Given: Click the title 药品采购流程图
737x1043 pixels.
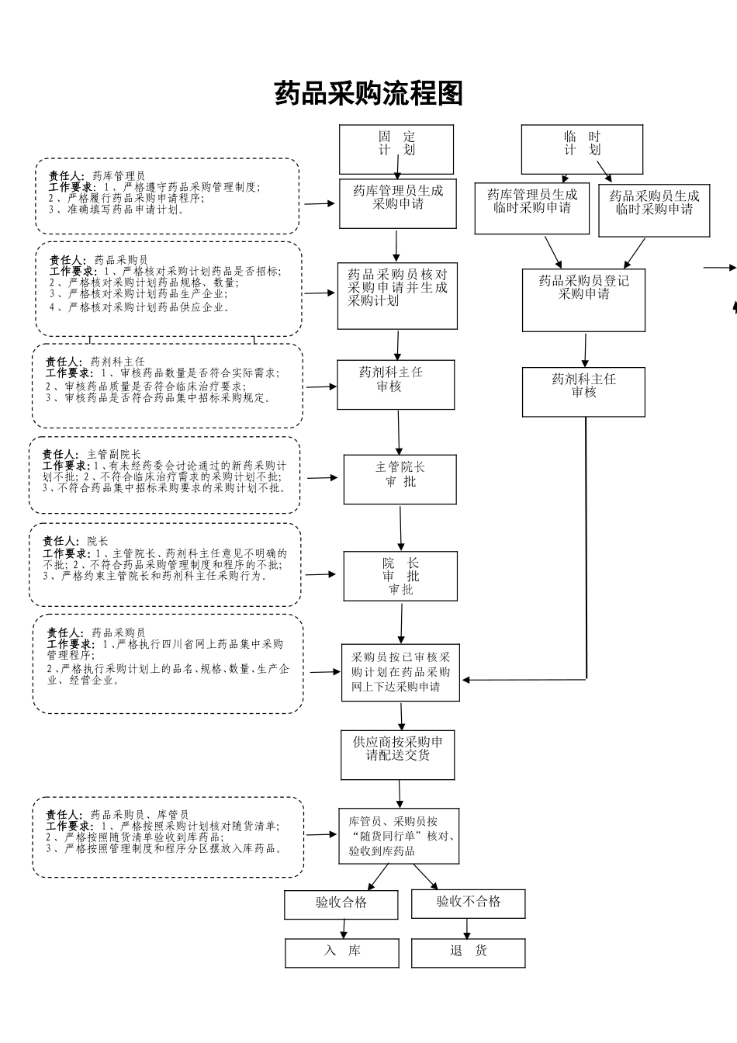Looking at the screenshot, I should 368,94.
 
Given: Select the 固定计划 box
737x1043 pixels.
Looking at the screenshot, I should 396,149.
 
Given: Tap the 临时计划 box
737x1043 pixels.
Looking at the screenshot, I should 582,149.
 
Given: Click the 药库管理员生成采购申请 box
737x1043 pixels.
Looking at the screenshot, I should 398,203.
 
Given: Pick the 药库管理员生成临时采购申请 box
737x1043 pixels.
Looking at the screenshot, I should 532,209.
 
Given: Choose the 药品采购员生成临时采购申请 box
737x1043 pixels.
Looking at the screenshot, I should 654,210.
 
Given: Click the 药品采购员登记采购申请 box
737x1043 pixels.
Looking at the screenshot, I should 583,300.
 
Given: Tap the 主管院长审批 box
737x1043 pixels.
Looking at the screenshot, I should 400,480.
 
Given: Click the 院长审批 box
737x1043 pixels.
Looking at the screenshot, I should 400,576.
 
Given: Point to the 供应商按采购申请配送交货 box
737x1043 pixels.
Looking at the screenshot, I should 398,754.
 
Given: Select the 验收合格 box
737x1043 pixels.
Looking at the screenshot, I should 341,904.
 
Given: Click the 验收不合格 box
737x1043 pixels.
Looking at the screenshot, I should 469,903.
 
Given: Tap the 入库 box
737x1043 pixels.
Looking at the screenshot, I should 342,952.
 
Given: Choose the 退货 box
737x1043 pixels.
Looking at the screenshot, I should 469,952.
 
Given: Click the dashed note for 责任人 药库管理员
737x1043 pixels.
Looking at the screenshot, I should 167,196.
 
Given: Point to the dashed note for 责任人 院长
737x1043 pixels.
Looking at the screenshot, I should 165,565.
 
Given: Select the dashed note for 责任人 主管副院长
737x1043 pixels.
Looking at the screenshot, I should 164,475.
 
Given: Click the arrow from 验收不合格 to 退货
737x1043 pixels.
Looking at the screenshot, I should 467,929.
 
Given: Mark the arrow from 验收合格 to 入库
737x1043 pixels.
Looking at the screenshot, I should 342,929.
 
